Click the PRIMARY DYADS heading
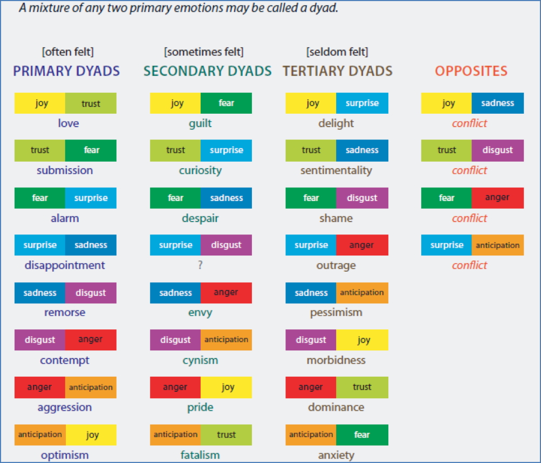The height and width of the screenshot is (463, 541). pyautogui.click(x=66, y=71)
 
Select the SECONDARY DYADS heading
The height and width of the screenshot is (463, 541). pyautogui.click(x=207, y=71)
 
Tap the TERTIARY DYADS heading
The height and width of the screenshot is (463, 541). pyautogui.click(x=338, y=71)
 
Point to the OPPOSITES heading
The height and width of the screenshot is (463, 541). pyautogui.click(x=471, y=71)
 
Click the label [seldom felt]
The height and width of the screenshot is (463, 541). pyautogui.click(x=337, y=52)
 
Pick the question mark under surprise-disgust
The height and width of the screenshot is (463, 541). pyautogui.click(x=200, y=265)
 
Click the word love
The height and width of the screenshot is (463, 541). pyautogui.click(x=69, y=123)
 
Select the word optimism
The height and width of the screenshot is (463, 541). pyautogui.click(x=65, y=455)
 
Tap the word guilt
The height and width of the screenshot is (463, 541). pyautogui.click(x=200, y=123)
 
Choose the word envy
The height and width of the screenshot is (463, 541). pyautogui.click(x=200, y=313)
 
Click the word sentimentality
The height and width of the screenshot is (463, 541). pyautogui.click(x=336, y=171)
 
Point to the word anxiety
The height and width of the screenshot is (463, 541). pyautogui.click(x=336, y=455)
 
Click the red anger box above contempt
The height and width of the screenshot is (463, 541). pyautogui.click(x=91, y=340)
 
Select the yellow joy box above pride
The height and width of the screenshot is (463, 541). pyautogui.click(x=226, y=388)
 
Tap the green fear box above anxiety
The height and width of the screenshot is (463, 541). pyautogui.click(x=362, y=435)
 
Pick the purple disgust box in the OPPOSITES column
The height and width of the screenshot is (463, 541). pyautogui.click(x=497, y=150)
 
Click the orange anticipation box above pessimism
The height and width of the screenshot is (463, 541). pyautogui.click(x=362, y=293)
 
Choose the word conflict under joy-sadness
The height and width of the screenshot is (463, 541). pyautogui.click(x=469, y=123)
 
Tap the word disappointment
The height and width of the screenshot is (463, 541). pyautogui.click(x=65, y=265)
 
